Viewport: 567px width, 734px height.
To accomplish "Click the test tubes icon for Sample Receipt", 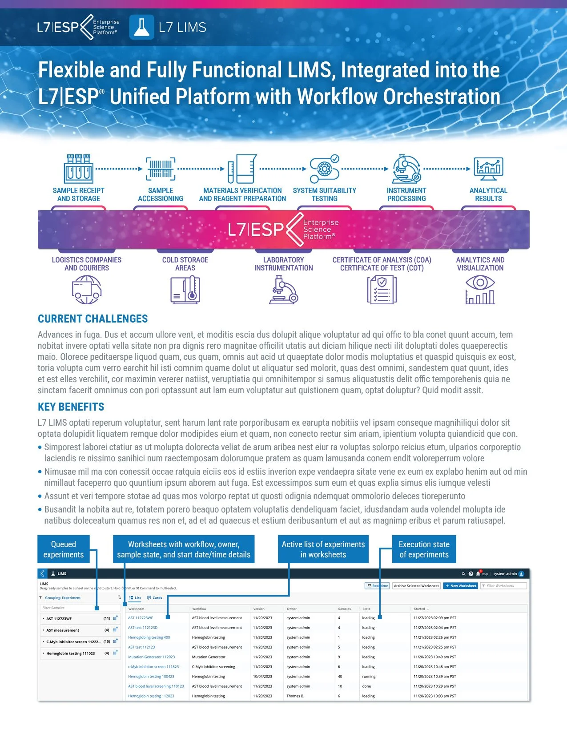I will tap(79, 169).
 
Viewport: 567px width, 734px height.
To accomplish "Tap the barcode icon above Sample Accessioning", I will tap(161, 169).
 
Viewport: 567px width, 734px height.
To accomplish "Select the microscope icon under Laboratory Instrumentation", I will tap(283, 290).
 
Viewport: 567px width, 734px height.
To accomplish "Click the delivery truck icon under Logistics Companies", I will tap(87, 290).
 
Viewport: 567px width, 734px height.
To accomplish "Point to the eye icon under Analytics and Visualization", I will tap(480, 282).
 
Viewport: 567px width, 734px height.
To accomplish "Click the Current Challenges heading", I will tap(92, 319).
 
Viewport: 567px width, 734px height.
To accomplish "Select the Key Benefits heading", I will tap(71, 407).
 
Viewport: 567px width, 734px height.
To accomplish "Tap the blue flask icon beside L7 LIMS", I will tap(141, 28).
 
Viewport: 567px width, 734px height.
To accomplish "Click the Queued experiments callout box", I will tap(64, 549).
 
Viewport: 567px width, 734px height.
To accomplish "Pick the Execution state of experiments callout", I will tap(424, 549).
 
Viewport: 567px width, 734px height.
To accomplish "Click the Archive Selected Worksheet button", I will tap(416, 586).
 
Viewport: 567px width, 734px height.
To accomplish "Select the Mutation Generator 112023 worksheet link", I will tap(152, 657).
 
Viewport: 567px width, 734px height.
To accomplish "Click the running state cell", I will tap(369, 677).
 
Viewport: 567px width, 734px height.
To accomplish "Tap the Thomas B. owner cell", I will tap(295, 696).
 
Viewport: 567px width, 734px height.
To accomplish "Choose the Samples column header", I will tap(344, 609).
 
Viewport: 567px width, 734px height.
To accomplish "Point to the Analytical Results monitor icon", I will tap(488, 169).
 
